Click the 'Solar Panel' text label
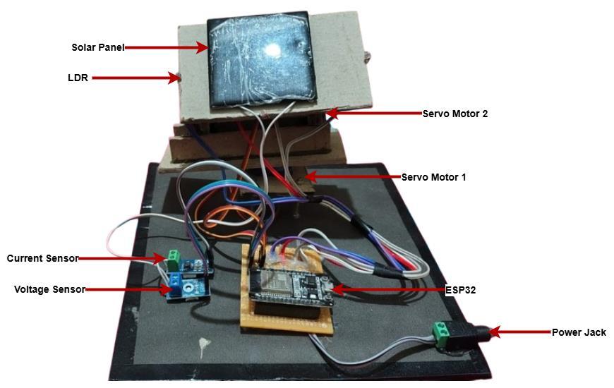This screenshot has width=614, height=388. [x=97, y=48]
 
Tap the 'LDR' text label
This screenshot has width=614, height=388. [x=78, y=78]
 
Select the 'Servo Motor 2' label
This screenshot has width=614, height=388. [x=455, y=114]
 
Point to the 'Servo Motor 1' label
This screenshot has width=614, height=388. [x=433, y=177]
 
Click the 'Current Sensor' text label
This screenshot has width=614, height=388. [x=42, y=259]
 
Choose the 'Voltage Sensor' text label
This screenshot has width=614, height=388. [x=49, y=289]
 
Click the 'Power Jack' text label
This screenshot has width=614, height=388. [x=579, y=332]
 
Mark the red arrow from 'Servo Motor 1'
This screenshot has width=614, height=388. [x=353, y=177]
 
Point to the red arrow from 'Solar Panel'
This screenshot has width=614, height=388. [x=166, y=48]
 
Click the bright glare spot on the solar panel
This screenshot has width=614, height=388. [x=272, y=51]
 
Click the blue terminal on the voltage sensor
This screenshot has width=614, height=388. [x=171, y=288]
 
